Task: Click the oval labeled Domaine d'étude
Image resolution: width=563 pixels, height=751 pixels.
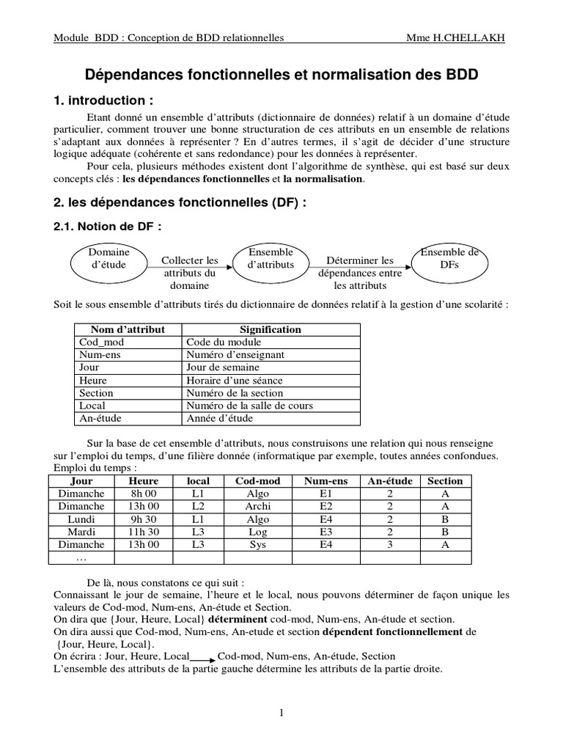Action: click(108, 259)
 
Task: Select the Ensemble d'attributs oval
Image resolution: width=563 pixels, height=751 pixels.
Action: click(271, 259)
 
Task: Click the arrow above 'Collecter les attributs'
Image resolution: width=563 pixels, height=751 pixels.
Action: click(190, 252)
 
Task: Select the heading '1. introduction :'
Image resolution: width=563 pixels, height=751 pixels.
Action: click(103, 100)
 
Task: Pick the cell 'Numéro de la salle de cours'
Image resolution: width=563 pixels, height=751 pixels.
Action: click(249, 406)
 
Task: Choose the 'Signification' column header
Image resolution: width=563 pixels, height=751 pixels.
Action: click(270, 329)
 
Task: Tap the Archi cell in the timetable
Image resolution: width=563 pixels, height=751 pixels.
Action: click(259, 507)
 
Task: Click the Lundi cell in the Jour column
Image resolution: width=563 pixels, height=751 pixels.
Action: click(81, 519)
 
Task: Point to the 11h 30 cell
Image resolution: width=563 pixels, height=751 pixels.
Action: click(144, 532)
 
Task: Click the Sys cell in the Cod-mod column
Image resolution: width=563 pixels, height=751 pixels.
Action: click(259, 545)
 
